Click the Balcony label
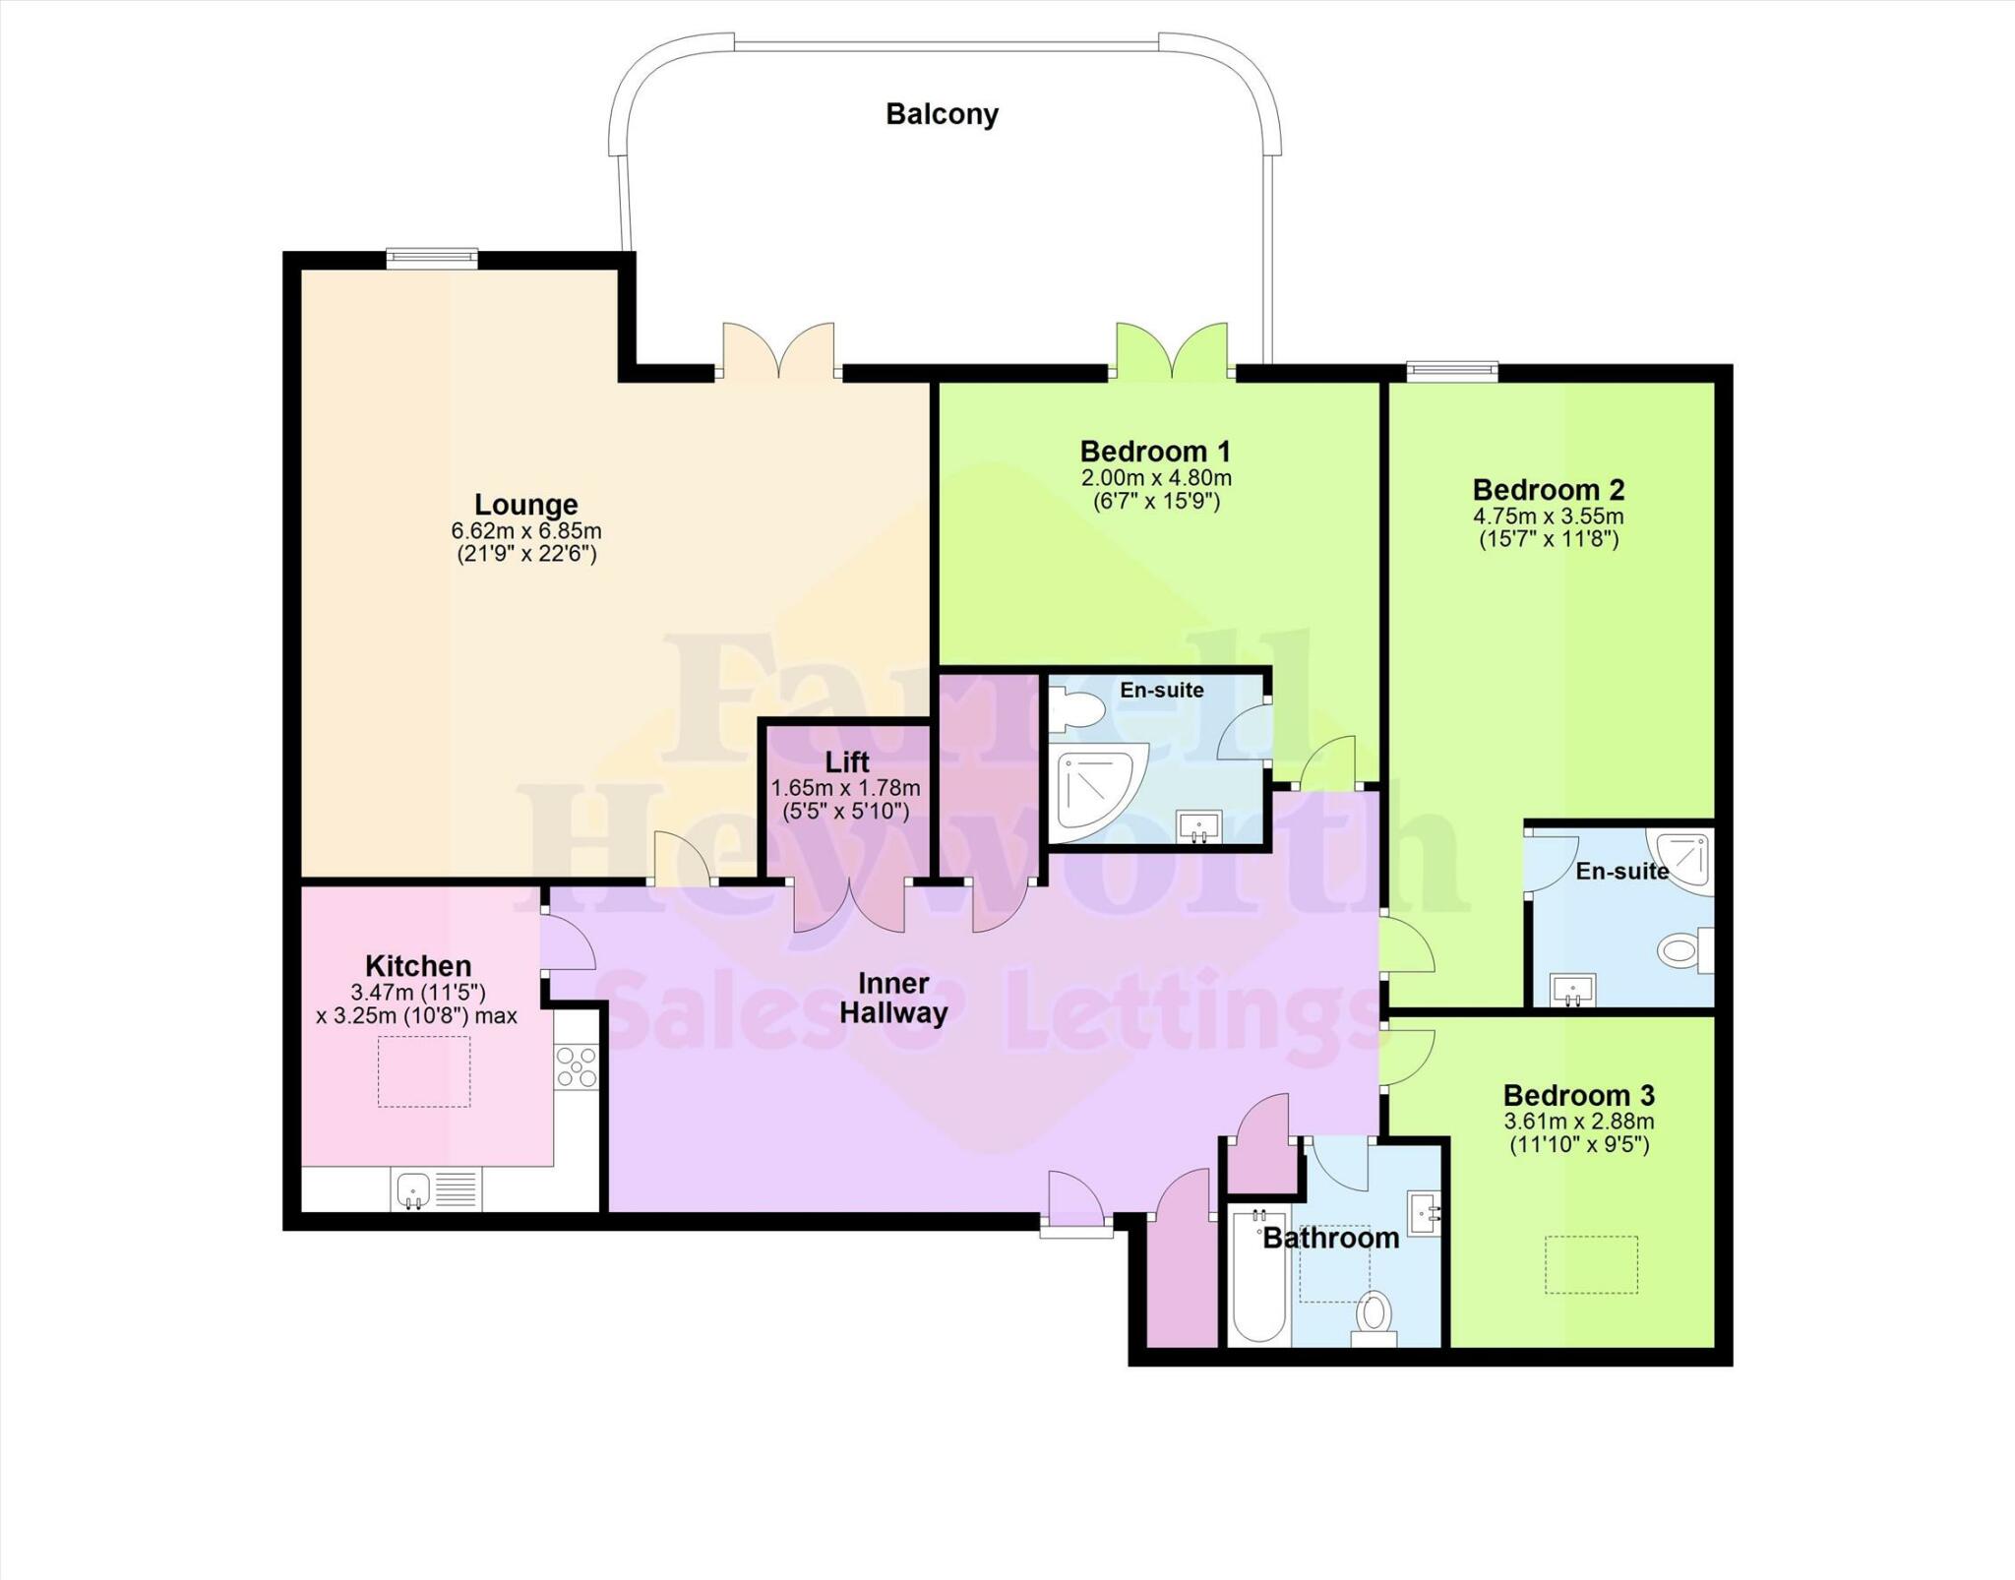(942, 115)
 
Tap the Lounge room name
(525, 505)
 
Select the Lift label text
(847, 762)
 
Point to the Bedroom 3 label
(1578, 1095)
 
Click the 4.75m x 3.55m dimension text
(1548, 517)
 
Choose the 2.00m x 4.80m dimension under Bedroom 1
(1156, 478)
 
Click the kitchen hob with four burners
(577, 1067)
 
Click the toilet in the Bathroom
(1374, 1316)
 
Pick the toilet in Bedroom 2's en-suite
(1683, 951)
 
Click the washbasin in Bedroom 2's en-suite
(1573, 989)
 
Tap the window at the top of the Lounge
(431, 259)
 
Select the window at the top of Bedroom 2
(1451, 371)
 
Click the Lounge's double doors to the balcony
(778, 352)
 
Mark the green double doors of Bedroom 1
(1172, 352)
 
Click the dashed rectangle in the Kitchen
(424, 1071)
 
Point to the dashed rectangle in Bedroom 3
(1591, 1264)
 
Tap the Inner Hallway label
(893, 998)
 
